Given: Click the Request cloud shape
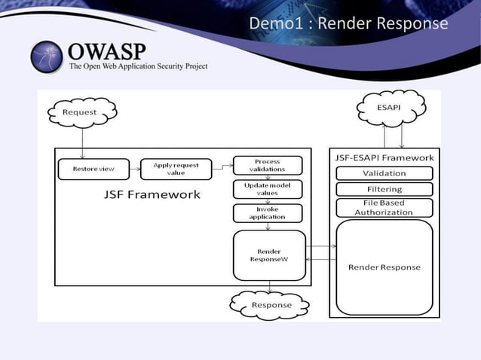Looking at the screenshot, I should (79, 112).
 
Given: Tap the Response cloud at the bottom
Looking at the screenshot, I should (271, 304).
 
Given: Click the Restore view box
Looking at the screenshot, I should (93, 169).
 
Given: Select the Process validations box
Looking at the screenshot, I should (267, 165).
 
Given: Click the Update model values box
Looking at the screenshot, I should (267, 189).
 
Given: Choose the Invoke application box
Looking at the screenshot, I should (267, 213).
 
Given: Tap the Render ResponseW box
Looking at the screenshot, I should (269, 255).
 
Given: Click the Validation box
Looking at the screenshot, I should (384, 173).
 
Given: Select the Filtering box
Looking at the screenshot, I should (384, 189).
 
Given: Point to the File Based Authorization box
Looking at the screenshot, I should (384, 207).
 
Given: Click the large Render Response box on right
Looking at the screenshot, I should (384, 267).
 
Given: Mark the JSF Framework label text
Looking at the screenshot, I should (152, 195).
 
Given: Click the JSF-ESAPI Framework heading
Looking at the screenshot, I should (384, 157).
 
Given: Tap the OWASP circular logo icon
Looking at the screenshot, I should (47, 57).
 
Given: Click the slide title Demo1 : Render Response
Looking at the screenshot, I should (348, 23).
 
